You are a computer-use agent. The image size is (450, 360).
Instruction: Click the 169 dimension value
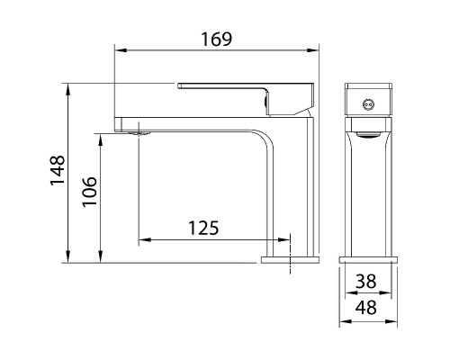pyautogui.click(x=217, y=40)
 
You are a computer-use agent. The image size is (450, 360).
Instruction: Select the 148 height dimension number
pyautogui.click(x=58, y=170)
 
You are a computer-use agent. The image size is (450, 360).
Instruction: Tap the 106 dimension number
pyautogui.click(x=90, y=191)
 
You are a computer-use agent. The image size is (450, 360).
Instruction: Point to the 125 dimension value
pyautogui.click(x=203, y=228)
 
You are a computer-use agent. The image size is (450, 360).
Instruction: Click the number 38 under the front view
pyautogui.click(x=366, y=282)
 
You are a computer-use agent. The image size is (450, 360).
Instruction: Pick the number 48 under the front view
pyautogui.click(x=366, y=308)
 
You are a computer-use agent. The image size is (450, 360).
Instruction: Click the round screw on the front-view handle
pyautogui.click(x=368, y=104)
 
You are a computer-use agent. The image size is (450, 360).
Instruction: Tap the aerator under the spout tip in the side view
pyautogui.click(x=139, y=133)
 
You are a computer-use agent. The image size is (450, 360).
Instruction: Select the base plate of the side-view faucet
pyautogui.click(x=290, y=260)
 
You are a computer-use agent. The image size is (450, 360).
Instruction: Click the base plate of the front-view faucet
pyautogui.click(x=368, y=260)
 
